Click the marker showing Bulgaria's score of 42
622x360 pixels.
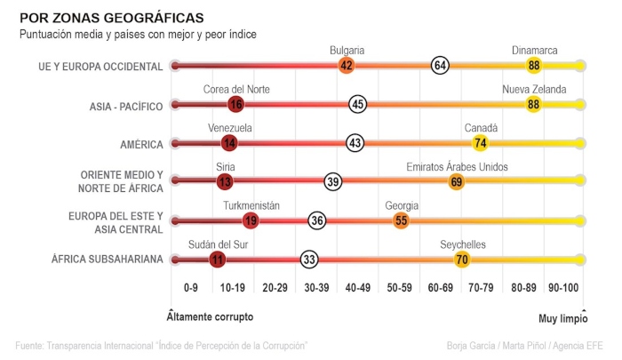pos(347,66)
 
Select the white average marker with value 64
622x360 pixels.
pos(440,66)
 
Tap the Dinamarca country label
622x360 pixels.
pos(534,52)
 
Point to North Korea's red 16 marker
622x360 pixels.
pos(235,104)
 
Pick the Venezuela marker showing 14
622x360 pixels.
pos(230,143)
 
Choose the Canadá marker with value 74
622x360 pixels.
pos(481,143)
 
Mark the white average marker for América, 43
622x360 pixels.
pos(355,143)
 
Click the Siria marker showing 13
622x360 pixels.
pos(224,181)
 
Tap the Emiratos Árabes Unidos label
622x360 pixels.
pos(457,167)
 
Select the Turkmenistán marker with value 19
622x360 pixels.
pos(251,220)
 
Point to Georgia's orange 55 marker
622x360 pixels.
pos(402,220)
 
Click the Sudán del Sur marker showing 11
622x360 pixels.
pos(217,260)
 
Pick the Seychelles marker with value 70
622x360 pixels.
pos(462,260)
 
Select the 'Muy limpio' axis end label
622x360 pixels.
pos(562,316)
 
